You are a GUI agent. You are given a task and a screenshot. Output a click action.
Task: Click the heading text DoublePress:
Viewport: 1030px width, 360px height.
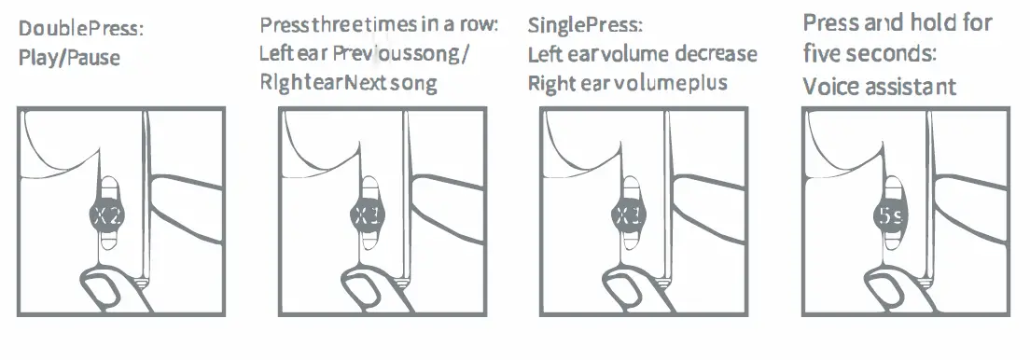pyautogui.click(x=81, y=30)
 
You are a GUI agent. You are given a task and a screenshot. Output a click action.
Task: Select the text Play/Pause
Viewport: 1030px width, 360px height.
pyautogui.click(x=69, y=58)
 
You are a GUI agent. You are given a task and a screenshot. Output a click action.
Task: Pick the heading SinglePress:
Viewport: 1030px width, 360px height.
pyautogui.click(x=585, y=25)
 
